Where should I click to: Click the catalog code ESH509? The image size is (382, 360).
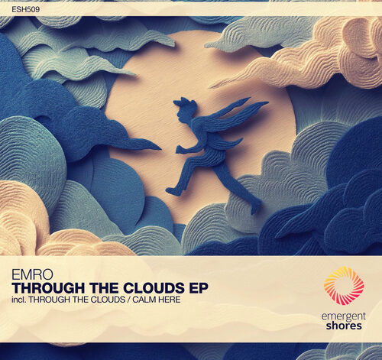pos(26,10)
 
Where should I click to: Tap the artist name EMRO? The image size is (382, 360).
pos(32,275)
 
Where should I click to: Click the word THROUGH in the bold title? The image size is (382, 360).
pos(48,288)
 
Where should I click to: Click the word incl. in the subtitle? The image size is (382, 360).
pos(18,300)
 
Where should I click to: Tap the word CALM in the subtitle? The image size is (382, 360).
pos(144,300)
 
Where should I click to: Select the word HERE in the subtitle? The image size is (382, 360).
pos(170,300)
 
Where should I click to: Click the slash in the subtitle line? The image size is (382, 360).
pos(128,300)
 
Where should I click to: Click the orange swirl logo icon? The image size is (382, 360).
pos(344,286)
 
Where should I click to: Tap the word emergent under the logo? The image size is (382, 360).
pos(344,317)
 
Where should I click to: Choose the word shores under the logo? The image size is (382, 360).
pos(344,326)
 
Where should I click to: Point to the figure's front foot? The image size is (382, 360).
pos(173,191)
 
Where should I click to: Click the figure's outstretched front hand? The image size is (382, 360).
pos(180,150)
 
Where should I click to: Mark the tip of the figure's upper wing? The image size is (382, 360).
pos(268,102)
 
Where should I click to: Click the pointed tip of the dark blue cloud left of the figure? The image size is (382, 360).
pos(160,148)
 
